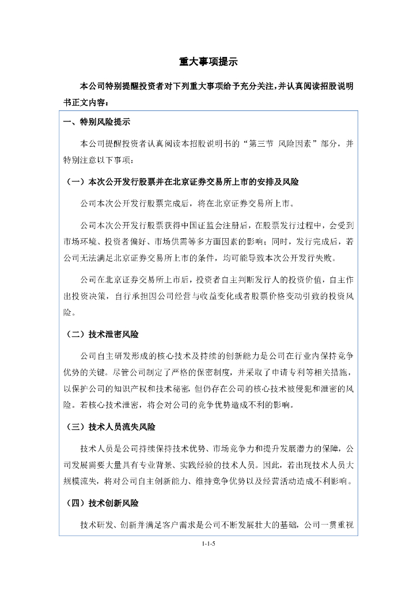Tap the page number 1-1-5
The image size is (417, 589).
(x=208, y=542)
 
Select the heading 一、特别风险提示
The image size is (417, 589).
(x=96, y=123)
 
